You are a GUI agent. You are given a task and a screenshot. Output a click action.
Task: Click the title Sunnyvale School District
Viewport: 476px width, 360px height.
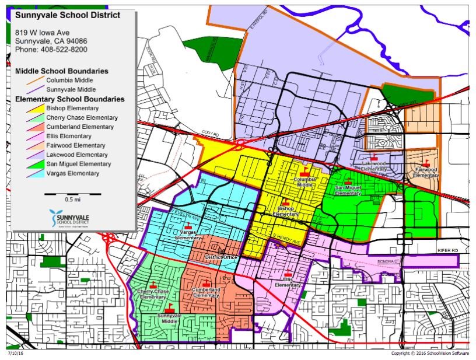(x=67, y=15)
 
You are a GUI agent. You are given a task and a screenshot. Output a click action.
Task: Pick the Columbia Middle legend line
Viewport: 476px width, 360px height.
(x=69, y=80)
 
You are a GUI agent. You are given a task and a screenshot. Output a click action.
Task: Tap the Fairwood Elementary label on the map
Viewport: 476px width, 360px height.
(x=426, y=172)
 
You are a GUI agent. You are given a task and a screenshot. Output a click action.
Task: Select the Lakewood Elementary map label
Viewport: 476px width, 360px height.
(x=373, y=166)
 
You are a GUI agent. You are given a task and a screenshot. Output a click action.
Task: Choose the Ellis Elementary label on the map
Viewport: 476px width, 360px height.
(x=288, y=282)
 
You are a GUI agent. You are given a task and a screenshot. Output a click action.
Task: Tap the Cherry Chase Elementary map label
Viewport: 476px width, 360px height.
(x=153, y=293)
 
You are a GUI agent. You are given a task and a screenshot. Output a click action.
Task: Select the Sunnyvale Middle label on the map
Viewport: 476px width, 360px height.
(x=169, y=318)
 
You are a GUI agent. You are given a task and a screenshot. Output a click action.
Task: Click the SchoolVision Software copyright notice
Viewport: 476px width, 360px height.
(x=430, y=354)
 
